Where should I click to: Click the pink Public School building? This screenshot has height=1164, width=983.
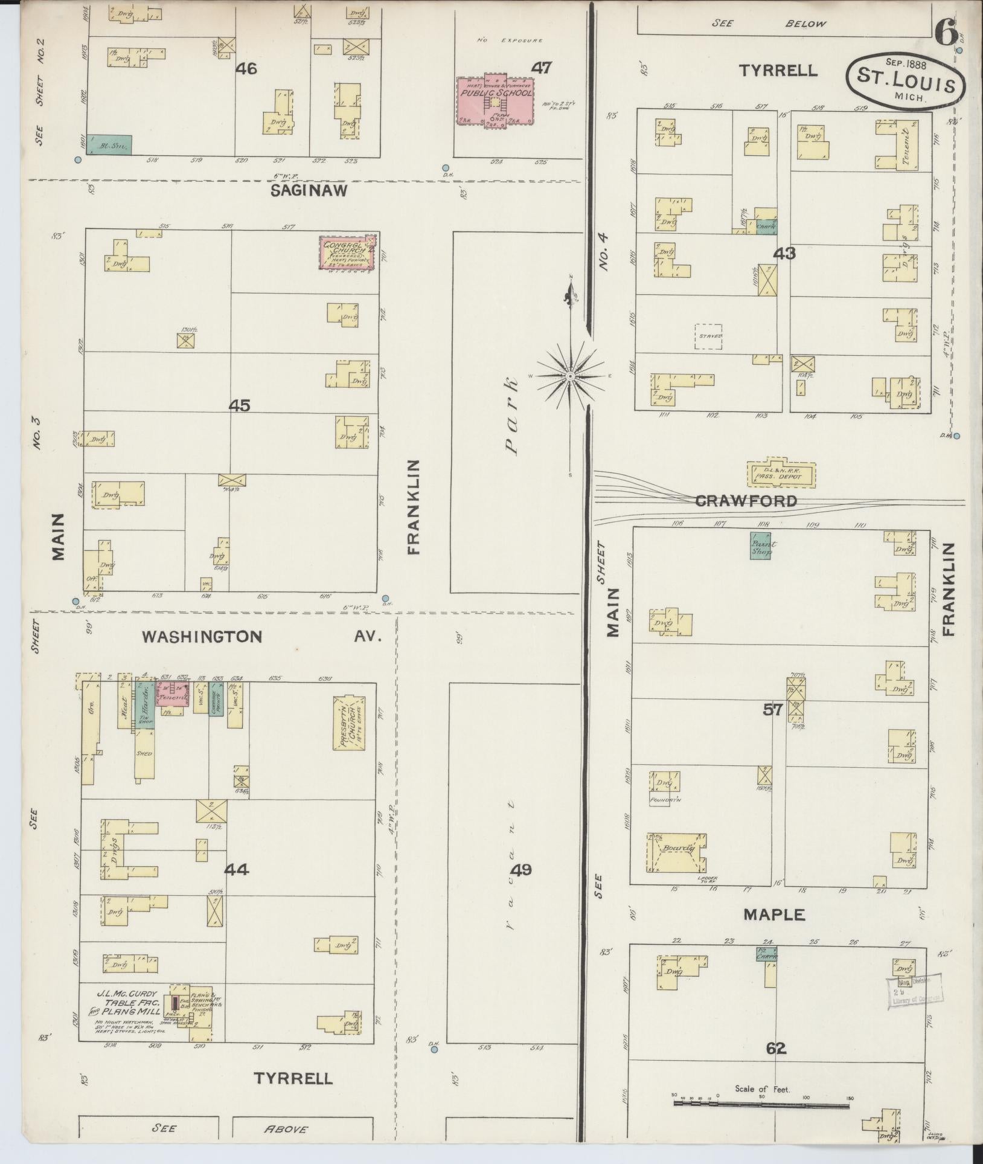(495, 100)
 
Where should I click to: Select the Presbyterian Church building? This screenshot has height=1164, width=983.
(349, 723)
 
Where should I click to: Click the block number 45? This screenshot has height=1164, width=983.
(239, 406)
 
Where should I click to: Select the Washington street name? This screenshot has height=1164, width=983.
(202, 636)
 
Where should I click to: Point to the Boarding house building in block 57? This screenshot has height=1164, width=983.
(677, 852)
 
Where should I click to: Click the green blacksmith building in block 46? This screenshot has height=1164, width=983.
(109, 144)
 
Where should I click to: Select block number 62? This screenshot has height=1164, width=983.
(775, 1048)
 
